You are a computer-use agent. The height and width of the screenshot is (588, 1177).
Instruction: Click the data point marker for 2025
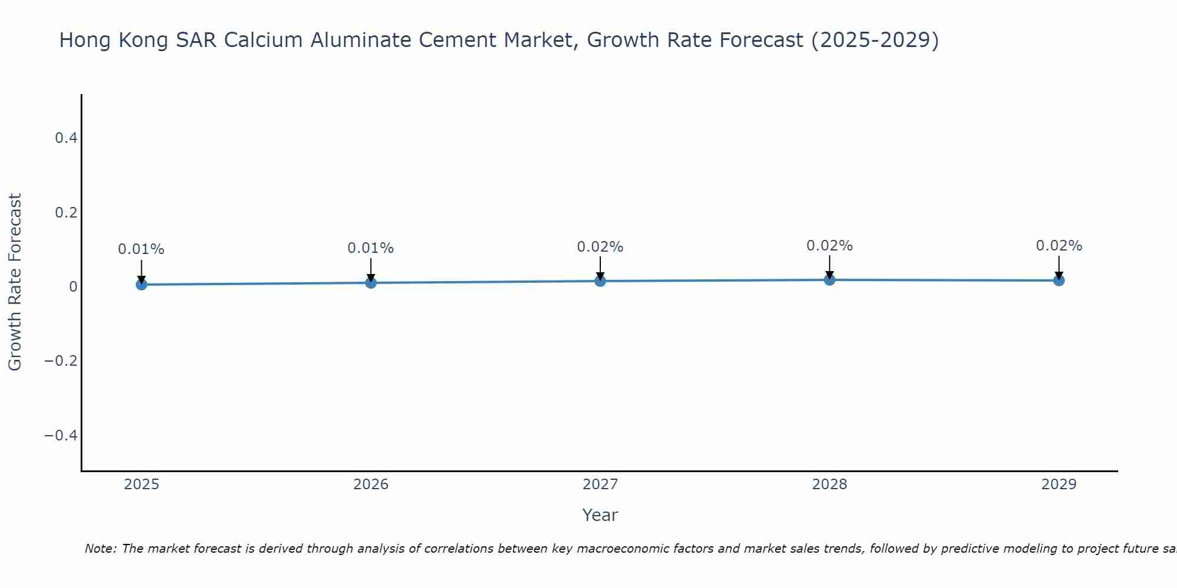pos(141,285)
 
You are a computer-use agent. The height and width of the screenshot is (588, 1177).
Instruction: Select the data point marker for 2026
pos(371,283)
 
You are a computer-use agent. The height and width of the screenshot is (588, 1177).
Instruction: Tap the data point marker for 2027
pos(600,281)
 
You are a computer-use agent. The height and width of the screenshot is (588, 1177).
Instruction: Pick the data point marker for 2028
pos(829,280)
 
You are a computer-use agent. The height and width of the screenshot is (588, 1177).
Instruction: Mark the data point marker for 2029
pos(1059,280)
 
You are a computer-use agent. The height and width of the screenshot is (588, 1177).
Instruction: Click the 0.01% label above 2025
pos(141,249)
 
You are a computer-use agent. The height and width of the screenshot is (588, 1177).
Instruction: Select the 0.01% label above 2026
pos(371,248)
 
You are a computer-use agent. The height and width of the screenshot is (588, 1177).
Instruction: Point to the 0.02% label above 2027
pos(600,247)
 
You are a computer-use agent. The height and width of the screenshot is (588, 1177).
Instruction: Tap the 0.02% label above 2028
pos(829,246)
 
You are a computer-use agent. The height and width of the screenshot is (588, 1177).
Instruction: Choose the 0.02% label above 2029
pos(1059,246)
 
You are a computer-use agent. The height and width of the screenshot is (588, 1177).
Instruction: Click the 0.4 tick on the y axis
pos(66,138)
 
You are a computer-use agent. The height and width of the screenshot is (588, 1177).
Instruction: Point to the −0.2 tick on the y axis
pos(61,360)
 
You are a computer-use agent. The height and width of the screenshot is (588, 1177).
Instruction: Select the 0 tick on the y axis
pos(73,286)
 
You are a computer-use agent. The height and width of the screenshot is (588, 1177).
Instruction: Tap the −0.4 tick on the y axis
pos(61,435)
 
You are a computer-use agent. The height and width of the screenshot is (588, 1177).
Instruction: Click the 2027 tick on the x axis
pos(600,485)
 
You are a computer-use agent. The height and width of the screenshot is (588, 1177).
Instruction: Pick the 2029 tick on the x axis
pos(1059,485)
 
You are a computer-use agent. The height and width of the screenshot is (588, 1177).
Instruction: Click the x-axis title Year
pos(600,515)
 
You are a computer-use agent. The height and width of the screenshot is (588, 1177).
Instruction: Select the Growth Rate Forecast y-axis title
pos(15,282)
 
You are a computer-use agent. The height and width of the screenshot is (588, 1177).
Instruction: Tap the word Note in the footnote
pos(100,549)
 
